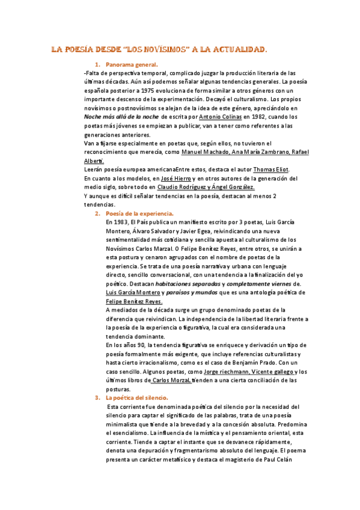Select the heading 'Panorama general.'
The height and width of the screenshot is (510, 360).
click(x=131, y=64)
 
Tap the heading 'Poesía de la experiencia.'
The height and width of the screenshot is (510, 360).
click(x=139, y=214)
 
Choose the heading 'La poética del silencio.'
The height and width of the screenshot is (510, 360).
click(x=137, y=398)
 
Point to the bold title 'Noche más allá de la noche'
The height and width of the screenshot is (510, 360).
click(x=121, y=116)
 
